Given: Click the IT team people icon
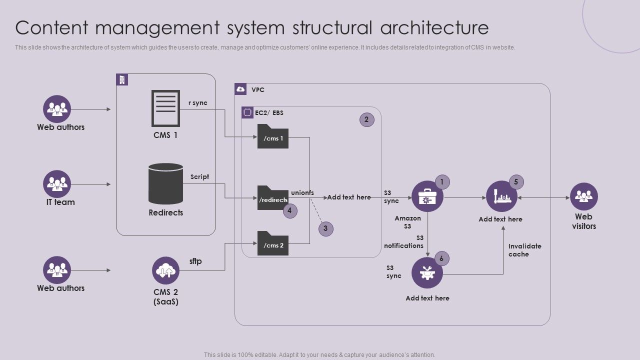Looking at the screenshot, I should (57, 184).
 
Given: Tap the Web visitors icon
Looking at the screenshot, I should (583, 196).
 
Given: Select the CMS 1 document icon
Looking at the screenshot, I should (165, 108).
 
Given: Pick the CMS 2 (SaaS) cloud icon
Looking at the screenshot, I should (165, 270).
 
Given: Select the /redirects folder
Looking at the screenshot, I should (273, 198).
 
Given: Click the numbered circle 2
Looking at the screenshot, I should (366, 119).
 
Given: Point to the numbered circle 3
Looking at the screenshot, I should (325, 228).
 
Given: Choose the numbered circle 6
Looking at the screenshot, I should (441, 258).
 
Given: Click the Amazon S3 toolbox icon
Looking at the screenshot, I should (427, 196).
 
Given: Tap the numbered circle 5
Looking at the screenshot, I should (516, 182).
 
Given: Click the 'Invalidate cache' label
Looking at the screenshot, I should (524, 250).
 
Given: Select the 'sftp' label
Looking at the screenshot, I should (195, 261).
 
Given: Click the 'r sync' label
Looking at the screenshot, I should (197, 103).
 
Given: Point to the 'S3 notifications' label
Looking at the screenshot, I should (404, 242).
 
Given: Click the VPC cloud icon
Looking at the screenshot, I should (240, 89).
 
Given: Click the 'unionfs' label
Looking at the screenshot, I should (302, 193).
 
